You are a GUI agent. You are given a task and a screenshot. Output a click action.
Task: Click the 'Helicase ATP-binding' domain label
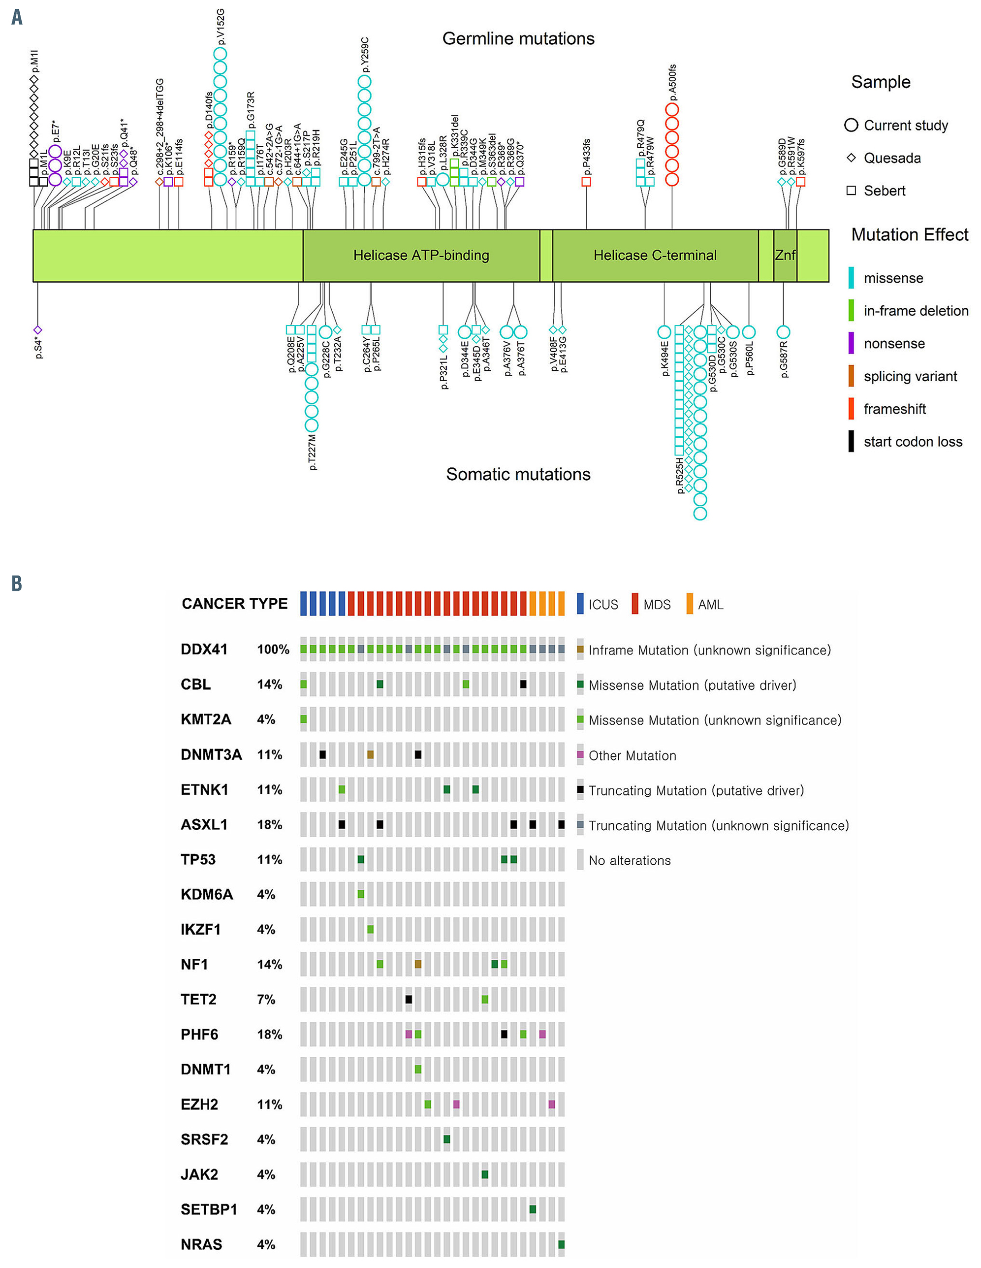pyautogui.click(x=421, y=256)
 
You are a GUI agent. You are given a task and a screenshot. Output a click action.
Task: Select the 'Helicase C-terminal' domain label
pyautogui.click(x=655, y=256)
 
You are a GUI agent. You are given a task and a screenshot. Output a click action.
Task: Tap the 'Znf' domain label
pyautogui.click(x=785, y=256)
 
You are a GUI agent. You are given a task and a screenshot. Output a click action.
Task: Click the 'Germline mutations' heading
pyautogui.click(x=518, y=39)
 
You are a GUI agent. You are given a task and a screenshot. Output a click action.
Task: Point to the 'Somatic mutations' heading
pyautogui.click(x=518, y=474)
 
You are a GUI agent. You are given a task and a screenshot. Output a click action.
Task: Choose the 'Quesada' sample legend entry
pyautogui.click(x=891, y=158)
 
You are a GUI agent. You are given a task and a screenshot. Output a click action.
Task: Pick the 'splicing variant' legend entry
pyautogui.click(x=910, y=376)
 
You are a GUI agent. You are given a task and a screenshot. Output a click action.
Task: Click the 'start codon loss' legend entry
pyautogui.click(x=913, y=442)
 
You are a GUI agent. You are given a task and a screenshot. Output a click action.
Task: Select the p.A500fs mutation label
pyautogui.click(x=672, y=82)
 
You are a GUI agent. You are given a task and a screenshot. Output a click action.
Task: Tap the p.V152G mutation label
pyautogui.click(x=221, y=27)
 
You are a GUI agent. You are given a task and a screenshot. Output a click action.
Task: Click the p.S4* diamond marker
pyautogui.click(x=38, y=330)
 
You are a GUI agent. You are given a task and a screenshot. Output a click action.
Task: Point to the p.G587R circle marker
pyautogui.click(x=783, y=332)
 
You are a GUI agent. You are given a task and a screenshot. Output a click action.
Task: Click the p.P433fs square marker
pyautogui.click(x=586, y=182)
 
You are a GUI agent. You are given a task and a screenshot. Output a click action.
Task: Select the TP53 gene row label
pyautogui.click(x=198, y=859)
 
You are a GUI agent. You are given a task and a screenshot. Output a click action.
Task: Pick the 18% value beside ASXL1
pyautogui.click(x=269, y=824)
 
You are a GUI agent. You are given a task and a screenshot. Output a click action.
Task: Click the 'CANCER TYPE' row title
pyautogui.click(x=234, y=604)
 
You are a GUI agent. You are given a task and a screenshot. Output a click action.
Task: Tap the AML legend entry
pyautogui.click(x=710, y=604)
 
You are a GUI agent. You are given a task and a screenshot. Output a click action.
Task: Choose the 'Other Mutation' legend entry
pyautogui.click(x=632, y=755)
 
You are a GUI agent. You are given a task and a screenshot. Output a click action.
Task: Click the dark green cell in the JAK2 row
pyautogui.click(x=485, y=1174)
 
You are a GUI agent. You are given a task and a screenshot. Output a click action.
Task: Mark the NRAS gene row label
pyautogui.click(x=201, y=1244)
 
